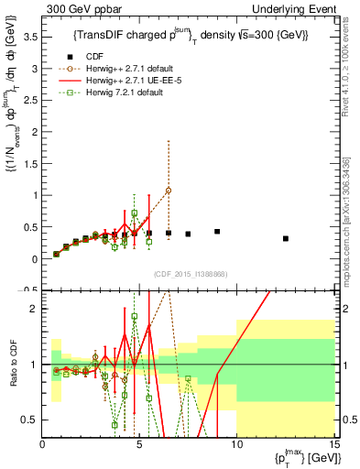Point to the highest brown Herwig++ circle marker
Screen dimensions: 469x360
tap(169, 191)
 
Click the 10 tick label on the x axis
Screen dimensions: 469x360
tap(236, 445)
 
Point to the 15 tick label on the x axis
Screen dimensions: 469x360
tap(333, 445)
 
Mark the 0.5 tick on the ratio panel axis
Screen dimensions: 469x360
tap(29, 420)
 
